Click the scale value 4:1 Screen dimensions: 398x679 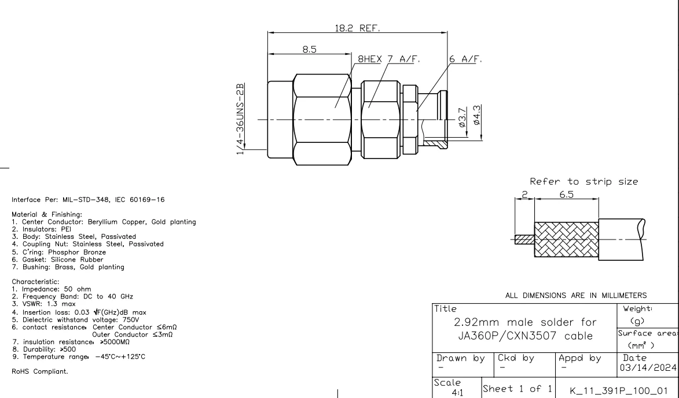[457, 390]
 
